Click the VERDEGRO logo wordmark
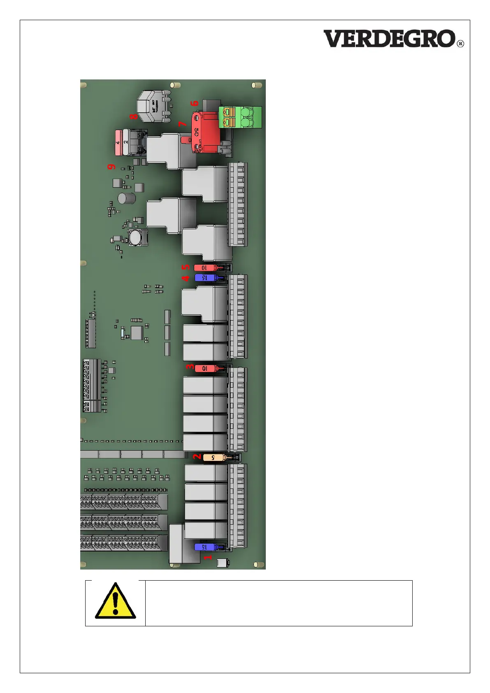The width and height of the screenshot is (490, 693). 389,39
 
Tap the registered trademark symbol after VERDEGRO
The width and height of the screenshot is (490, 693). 460,44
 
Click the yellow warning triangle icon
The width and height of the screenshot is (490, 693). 115,601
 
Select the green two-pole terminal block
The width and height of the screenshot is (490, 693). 240,117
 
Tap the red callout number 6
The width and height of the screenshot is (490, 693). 195,103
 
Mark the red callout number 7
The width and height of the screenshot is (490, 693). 182,123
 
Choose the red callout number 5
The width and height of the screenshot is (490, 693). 186,267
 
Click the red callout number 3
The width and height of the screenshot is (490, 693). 190,366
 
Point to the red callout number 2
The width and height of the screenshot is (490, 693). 197,457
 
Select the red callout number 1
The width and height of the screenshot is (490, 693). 208,557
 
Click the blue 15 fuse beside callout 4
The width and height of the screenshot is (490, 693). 206,278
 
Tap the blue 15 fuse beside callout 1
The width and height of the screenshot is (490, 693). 206,547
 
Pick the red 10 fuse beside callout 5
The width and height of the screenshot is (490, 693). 205,268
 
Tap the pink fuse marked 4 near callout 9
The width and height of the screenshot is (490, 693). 118,142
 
